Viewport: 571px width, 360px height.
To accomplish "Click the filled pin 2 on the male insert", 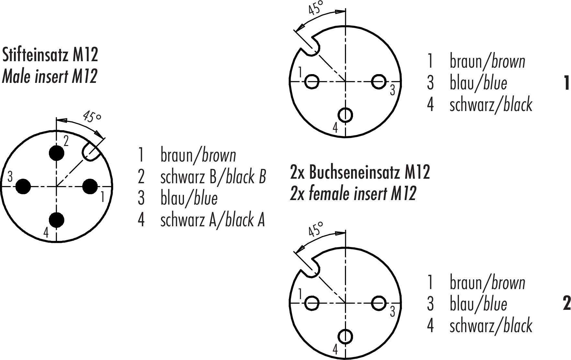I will point(56,153).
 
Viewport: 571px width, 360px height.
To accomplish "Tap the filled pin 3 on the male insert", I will point(23,186).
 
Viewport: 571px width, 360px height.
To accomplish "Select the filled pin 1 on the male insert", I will point(90,186).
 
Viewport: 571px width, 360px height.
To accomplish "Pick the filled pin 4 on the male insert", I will point(56,220).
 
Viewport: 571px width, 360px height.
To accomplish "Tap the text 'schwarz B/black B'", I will point(213,177).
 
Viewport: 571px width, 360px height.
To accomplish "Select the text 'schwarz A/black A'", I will point(212,220).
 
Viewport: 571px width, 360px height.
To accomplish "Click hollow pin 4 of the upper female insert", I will point(346,115).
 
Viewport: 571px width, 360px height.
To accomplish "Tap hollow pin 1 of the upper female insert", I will point(312,81).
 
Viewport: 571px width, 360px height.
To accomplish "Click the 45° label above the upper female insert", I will point(315,8).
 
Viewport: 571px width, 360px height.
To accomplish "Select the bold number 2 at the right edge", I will point(566,304).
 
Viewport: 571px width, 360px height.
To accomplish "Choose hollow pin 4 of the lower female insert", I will point(346,336).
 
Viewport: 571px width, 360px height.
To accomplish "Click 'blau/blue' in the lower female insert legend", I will point(478,304).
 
